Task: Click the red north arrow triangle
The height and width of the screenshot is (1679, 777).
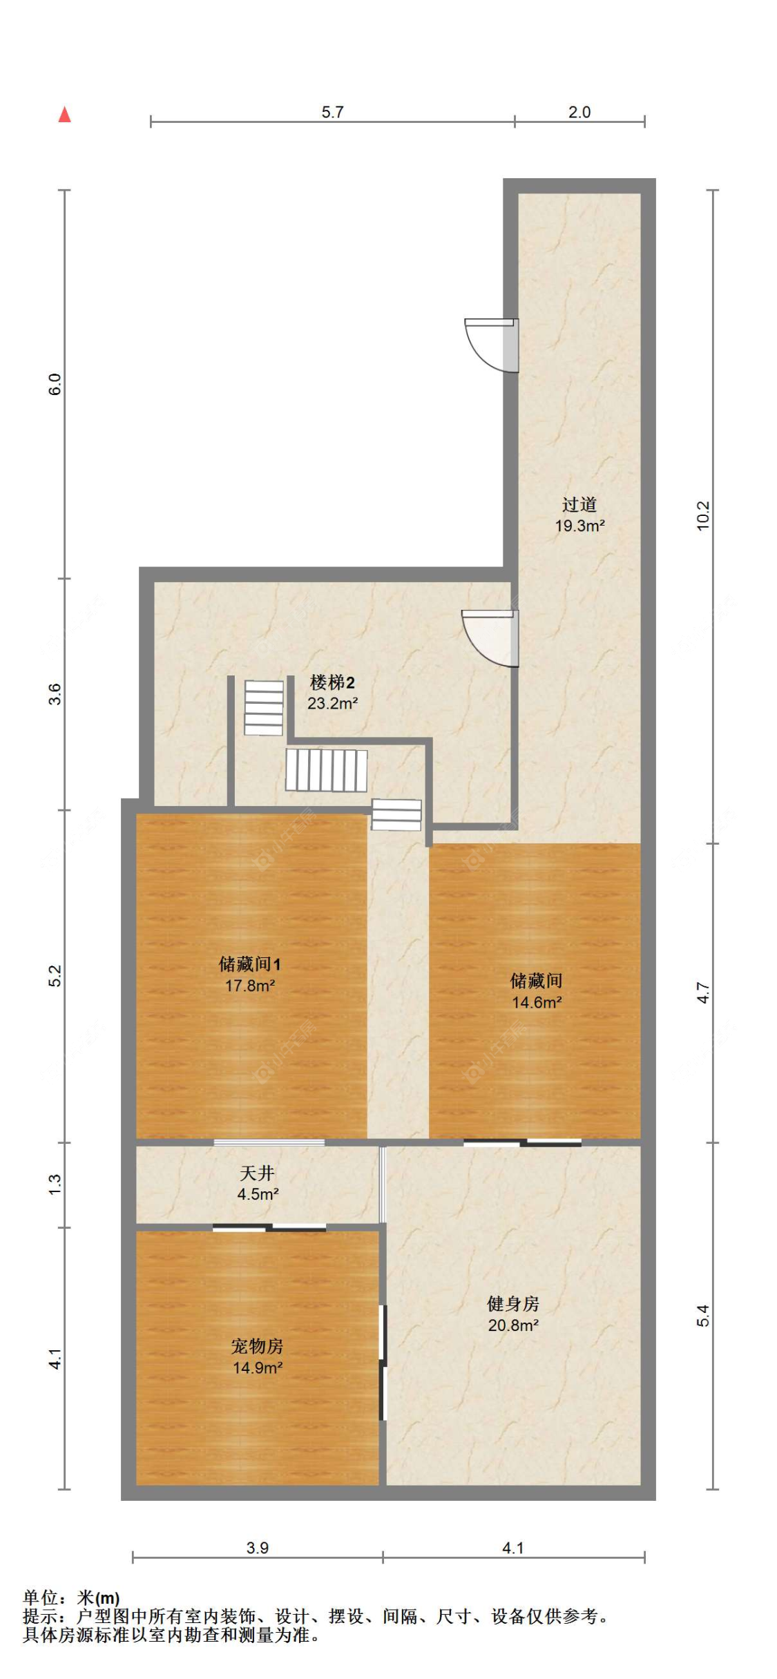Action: coord(64,115)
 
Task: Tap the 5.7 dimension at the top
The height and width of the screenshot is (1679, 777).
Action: coord(332,112)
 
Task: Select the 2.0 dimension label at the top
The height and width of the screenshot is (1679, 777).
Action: coord(579,112)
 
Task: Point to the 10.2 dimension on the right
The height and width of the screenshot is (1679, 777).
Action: coord(702,515)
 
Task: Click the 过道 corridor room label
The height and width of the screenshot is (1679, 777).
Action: coord(579,504)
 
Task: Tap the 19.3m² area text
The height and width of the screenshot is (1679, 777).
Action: coord(579,526)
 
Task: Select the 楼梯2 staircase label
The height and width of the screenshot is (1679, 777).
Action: coord(332,682)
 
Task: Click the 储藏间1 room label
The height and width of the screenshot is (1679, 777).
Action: coord(249,964)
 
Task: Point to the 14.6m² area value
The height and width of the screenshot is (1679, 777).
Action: coord(536,1002)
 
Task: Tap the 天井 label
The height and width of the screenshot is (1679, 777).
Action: coord(257,1173)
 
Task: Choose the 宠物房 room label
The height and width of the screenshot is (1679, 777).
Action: coord(257,1346)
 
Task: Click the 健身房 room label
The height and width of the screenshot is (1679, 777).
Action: coord(512,1303)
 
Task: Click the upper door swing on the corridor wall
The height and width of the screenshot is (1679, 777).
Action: coord(490,343)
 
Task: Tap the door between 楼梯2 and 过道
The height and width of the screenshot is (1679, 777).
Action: coord(490,637)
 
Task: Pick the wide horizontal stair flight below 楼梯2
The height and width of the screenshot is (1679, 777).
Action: coord(326,770)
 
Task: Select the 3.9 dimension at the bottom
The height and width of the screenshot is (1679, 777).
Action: coord(257,1548)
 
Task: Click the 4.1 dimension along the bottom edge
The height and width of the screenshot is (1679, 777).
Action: coord(512,1548)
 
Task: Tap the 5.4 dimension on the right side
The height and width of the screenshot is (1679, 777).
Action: coord(702,1315)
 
